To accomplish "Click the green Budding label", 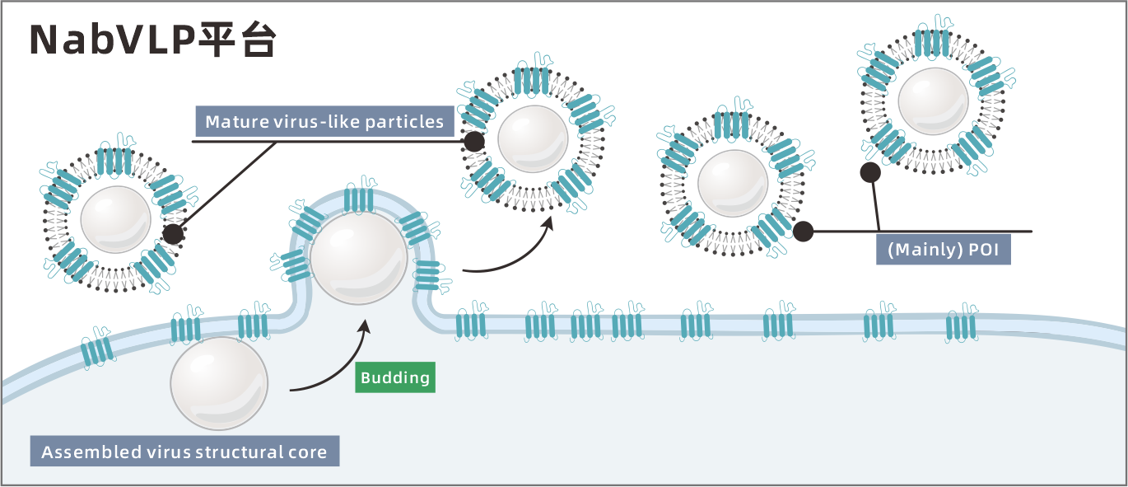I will (395, 378).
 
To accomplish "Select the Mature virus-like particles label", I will (324, 122).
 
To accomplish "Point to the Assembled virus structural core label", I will (184, 452).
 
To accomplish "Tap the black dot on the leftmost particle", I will (172, 234).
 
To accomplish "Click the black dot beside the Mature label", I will (473, 142).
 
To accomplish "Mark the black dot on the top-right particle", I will (869, 172).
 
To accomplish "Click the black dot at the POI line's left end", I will (803, 232).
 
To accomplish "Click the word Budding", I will (395, 378).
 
